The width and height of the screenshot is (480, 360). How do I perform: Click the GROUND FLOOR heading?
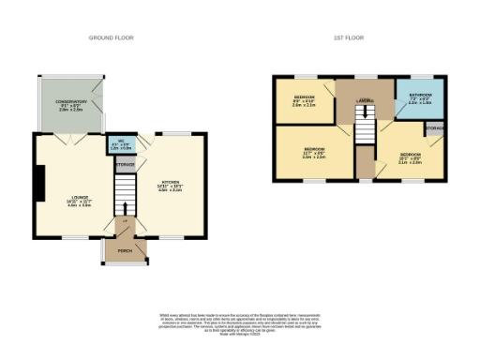click(x=111, y=37)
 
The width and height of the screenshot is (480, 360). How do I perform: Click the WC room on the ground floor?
click(x=122, y=145)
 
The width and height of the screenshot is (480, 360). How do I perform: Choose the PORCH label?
click(x=124, y=250)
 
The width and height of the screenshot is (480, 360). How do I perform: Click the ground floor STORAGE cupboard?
click(x=125, y=165)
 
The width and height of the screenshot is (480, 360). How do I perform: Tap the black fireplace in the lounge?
click(x=38, y=183)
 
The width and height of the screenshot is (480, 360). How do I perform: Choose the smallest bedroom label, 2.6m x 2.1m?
click(x=304, y=101)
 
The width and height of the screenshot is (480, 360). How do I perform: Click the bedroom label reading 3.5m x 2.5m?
click(x=314, y=154)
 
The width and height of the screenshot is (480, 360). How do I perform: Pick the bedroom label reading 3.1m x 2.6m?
click(x=411, y=158)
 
